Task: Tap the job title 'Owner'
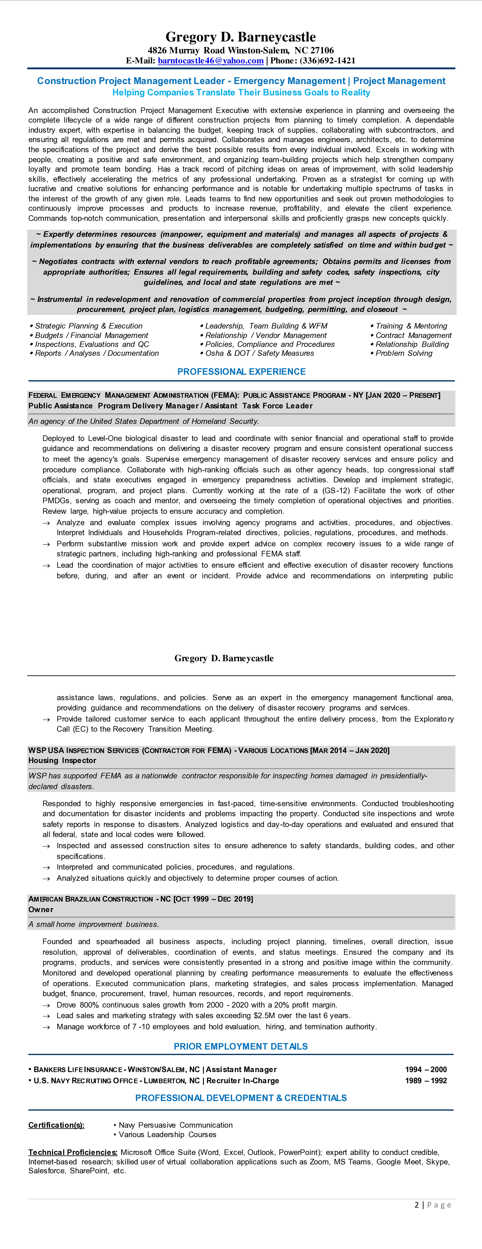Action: point(41,910)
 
